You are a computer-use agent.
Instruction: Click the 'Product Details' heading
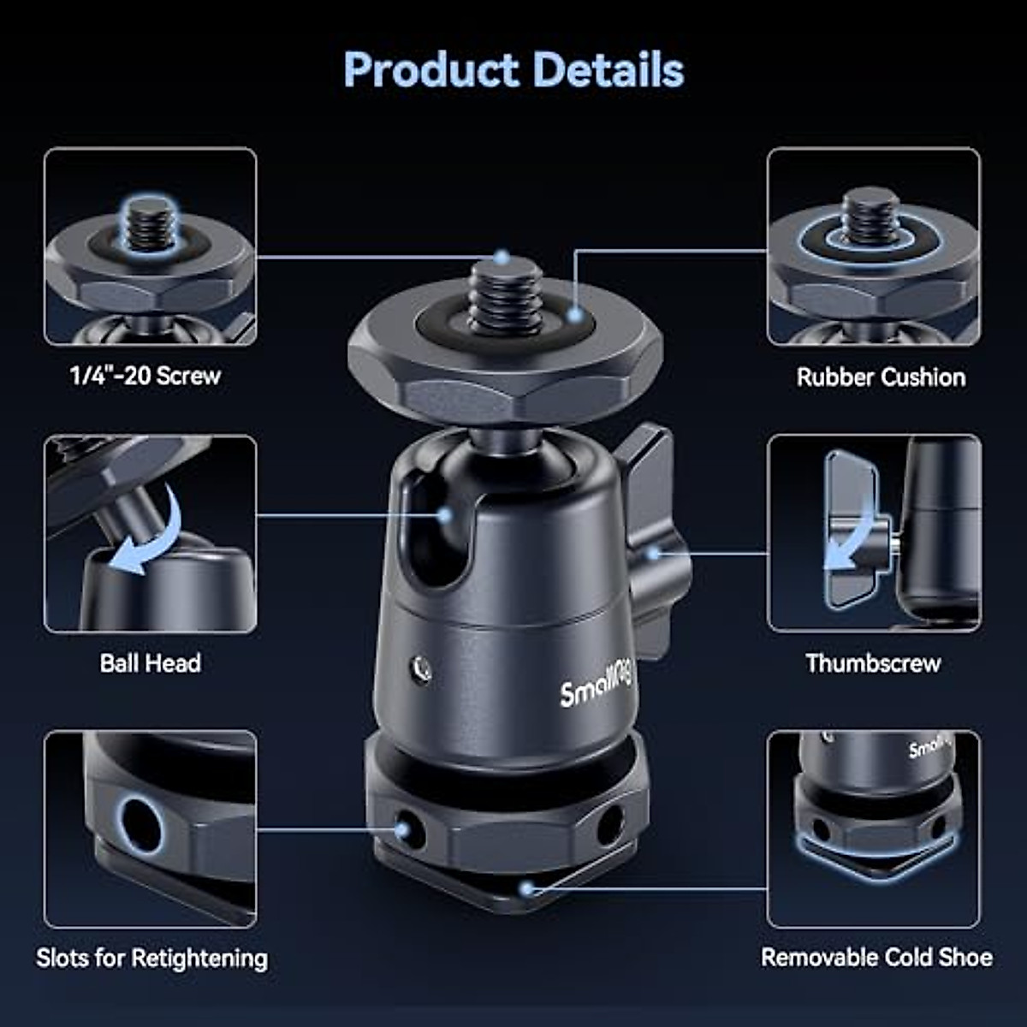[513, 69]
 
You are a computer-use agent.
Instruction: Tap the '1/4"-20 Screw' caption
[145, 376]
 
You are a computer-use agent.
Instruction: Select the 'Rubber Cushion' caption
[881, 377]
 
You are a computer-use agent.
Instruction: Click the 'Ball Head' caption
[151, 663]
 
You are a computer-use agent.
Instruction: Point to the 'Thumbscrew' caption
[873, 663]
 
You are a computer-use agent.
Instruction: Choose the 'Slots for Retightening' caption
[151, 958]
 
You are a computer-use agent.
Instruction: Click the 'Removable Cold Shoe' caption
[877, 957]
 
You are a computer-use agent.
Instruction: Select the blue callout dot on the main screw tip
[502, 257]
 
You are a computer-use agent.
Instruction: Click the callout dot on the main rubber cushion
[575, 315]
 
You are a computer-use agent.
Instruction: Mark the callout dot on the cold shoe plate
[528, 888]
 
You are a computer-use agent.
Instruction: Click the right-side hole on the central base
[610, 824]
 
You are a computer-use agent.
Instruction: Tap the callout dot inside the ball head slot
[444, 515]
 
